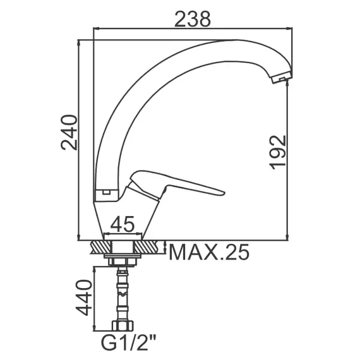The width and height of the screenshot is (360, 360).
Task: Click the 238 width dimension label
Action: [x=193, y=20]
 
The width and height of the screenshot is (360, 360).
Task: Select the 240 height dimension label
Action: [x=69, y=133]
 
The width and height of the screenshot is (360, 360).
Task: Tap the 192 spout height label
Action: [x=277, y=152]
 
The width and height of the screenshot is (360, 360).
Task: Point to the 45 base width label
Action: [x=122, y=224]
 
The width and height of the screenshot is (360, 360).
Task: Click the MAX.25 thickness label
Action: [x=209, y=252]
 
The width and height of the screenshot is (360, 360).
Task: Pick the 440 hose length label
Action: [x=84, y=297]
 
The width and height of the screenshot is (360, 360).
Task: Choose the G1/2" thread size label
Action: [x=129, y=342]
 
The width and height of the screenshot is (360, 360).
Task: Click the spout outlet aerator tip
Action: [x=282, y=78]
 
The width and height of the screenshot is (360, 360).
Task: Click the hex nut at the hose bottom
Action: [x=123, y=326]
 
